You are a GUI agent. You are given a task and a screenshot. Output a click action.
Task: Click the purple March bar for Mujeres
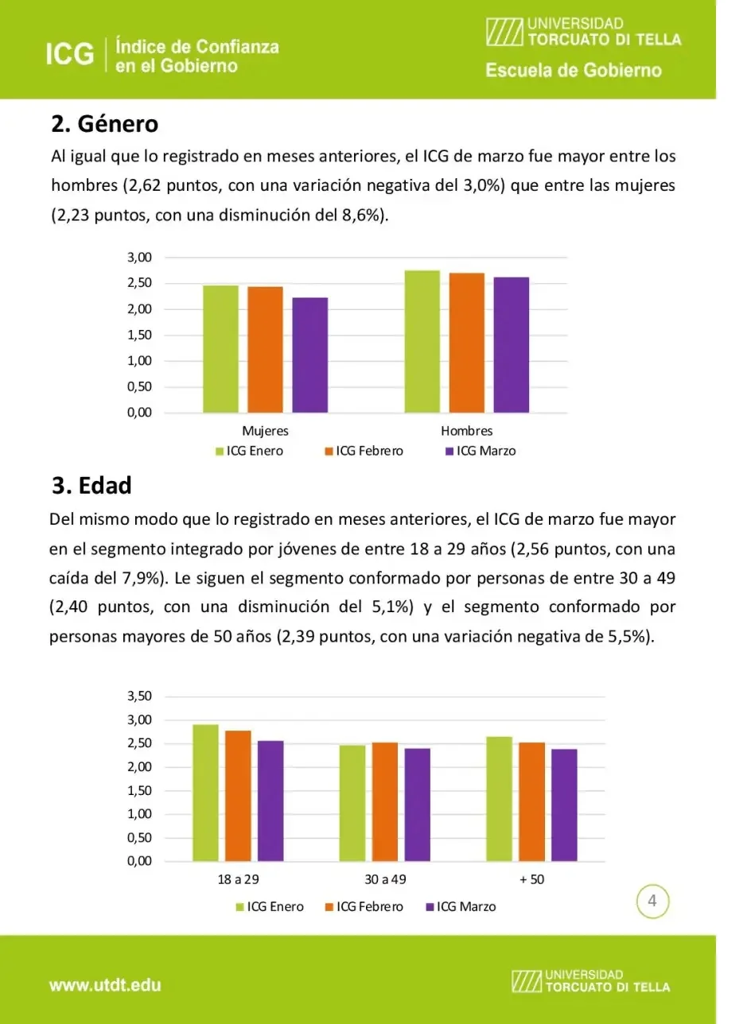point(309,355)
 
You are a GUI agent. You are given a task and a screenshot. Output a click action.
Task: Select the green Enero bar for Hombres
point(422,341)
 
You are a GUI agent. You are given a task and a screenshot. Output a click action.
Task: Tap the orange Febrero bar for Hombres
point(466,343)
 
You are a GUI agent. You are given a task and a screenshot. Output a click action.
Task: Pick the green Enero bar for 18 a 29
point(205,793)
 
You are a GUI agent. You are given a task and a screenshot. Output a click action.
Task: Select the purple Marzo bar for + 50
point(564,805)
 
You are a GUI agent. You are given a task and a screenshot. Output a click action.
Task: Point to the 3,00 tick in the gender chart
point(139,258)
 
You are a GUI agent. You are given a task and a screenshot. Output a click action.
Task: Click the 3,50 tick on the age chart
point(139,696)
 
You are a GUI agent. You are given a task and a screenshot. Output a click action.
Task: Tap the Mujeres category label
point(265,431)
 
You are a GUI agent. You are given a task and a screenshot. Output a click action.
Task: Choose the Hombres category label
point(467,431)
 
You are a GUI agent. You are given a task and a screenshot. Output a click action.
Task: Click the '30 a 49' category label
point(385,879)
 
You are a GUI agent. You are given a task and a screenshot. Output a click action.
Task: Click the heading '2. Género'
point(104,124)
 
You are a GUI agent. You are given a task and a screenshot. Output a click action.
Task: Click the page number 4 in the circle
point(652,902)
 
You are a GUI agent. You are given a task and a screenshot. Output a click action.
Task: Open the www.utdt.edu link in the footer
point(105,985)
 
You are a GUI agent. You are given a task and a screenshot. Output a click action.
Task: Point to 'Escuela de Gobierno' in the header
point(574,71)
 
